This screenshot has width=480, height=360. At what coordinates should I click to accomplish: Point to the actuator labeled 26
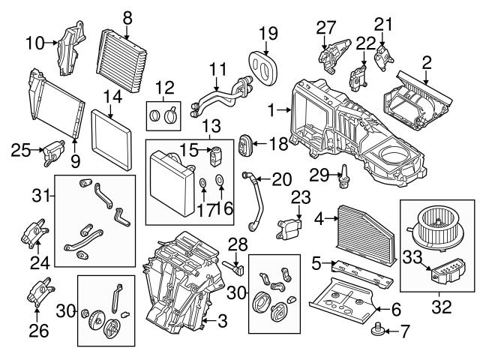click(39, 293)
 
